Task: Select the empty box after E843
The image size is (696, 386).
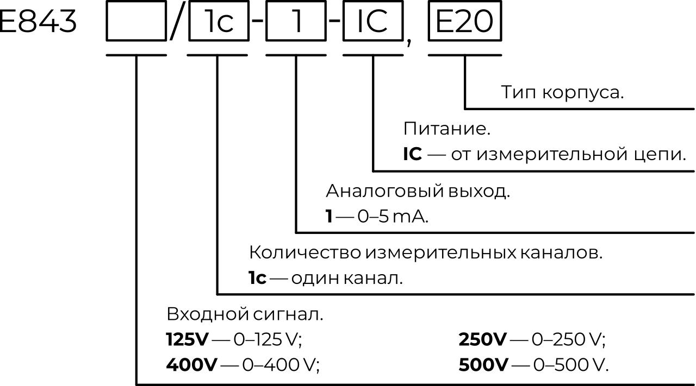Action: pos(136,22)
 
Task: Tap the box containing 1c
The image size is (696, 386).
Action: pos(218,22)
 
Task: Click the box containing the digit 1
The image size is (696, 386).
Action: pos(296,22)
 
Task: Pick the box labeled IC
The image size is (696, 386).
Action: pos(372,22)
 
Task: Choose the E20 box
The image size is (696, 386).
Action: pos(465,22)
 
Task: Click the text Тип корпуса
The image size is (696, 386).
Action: pos(562,92)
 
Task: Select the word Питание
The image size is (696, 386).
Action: pos(446,129)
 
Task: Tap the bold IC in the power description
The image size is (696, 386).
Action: pos(412,155)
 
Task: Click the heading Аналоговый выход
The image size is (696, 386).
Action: pos(418,191)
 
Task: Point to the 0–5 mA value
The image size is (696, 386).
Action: pos(393,217)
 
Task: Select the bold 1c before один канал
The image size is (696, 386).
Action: pos(257,279)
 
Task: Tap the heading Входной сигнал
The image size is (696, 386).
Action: pos(245,314)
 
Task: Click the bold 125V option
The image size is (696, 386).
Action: pos(187,340)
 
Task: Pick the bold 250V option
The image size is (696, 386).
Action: pos(482,340)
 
